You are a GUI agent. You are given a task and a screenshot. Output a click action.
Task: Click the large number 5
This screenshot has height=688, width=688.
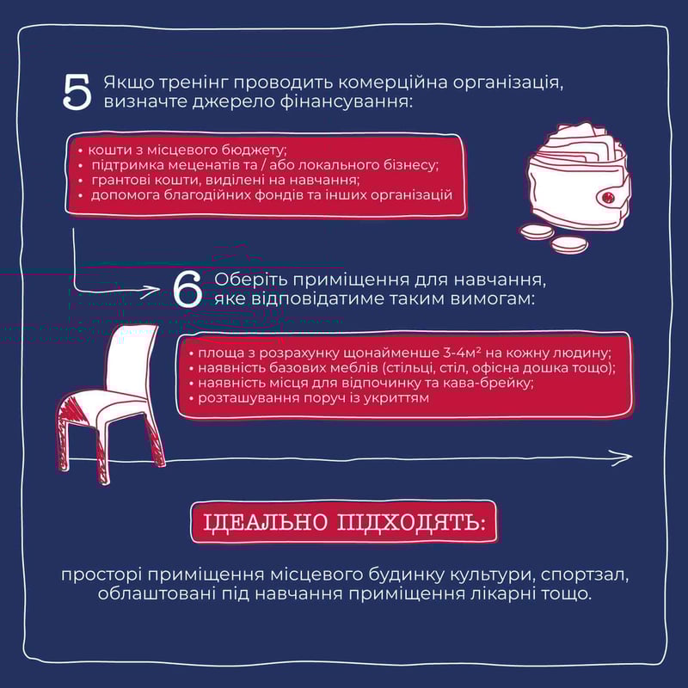pos(77,91)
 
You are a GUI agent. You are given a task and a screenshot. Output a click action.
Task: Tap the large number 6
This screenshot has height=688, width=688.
pos(187,288)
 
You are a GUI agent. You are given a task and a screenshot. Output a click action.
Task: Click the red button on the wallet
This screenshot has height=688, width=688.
pos(608,195)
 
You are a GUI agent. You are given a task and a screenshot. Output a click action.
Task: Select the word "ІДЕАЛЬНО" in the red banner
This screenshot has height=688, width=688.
pos(266,522)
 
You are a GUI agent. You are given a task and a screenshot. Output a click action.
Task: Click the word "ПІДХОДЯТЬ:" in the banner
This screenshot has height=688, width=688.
pos(411,522)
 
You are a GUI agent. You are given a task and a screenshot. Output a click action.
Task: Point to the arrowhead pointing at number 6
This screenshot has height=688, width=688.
pos(152,290)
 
